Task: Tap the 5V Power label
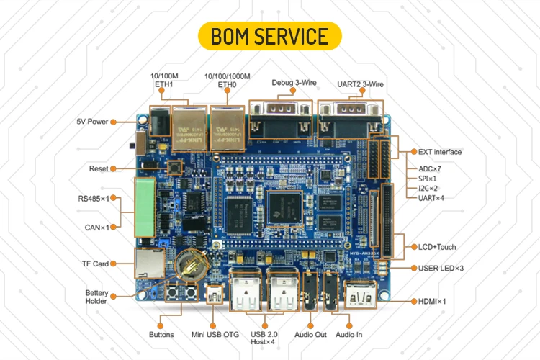click(93, 121)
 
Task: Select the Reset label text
click(99, 168)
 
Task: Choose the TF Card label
click(95, 264)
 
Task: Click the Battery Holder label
click(96, 297)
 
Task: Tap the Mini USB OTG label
click(214, 334)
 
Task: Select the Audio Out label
click(310, 334)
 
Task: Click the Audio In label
click(349, 334)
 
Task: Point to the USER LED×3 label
click(441, 268)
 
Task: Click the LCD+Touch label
click(436, 247)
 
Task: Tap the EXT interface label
click(439, 152)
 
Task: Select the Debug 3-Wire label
click(292, 83)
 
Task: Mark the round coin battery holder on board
click(190, 266)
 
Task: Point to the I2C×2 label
click(430, 187)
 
